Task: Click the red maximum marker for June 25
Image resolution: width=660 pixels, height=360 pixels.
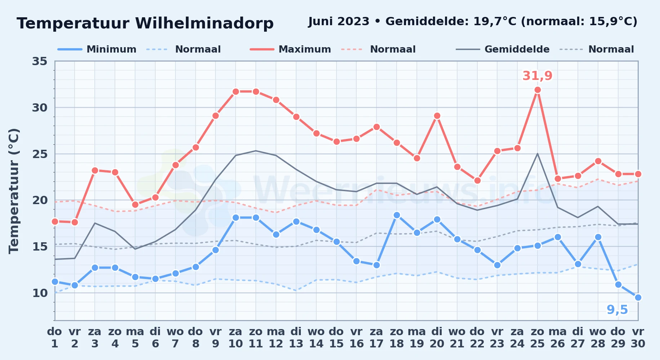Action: click(538, 90)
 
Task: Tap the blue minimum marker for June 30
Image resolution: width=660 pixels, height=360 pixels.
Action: click(638, 297)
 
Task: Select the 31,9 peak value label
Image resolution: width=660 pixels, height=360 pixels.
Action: click(537, 76)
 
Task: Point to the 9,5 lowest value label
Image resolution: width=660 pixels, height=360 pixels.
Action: click(617, 310)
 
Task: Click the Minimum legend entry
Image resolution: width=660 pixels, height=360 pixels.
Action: click(97, 49)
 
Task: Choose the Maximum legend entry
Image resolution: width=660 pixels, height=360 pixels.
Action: click(290, 49)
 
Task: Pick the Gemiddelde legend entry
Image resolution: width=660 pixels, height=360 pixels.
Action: click(503, 49)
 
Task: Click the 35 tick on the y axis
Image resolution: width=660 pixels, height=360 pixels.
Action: click(40, 61)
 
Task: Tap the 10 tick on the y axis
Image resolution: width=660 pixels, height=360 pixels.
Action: click(40, 293)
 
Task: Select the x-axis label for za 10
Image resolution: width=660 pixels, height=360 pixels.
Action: click(236, 338)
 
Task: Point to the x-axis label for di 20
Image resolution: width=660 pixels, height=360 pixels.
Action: click(437, 338)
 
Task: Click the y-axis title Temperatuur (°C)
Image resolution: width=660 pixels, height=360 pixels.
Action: click(14, 191)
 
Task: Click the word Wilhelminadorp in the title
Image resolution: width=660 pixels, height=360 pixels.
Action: click(204, 23)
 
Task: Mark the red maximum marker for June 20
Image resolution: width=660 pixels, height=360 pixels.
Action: click(437, 116)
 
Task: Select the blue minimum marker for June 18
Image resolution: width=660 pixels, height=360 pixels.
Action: click(397, 215)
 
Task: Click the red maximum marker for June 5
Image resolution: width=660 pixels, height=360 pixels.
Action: click(135, 204)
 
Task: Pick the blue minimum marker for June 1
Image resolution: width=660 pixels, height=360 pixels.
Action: click(55, 282)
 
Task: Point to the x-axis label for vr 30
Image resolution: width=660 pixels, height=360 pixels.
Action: click(638, 338)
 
